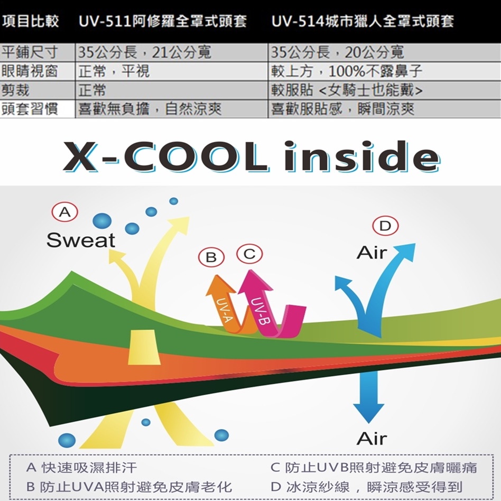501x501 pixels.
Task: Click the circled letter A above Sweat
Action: click(x=64, y=213)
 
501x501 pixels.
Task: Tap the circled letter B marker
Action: click(x=211, y=257)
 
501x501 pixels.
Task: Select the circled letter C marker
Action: click(x=249, y=254)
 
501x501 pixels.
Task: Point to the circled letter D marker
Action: click(x=385, y=226)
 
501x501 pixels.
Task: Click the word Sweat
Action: click(x=80, y=240)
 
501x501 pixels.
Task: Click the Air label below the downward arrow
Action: click(x=372, y=438)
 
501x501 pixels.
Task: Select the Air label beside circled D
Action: click(x=372, y=253)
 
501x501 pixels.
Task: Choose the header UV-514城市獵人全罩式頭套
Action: click(x=362, y=22)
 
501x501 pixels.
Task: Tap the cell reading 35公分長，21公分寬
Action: click(x=145, y=53)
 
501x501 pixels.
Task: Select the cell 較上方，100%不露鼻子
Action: click(x=347, y=71)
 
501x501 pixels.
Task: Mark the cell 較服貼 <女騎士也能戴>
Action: click(x=347, y=90)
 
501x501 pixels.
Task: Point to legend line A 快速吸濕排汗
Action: click(x=82, y=467)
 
